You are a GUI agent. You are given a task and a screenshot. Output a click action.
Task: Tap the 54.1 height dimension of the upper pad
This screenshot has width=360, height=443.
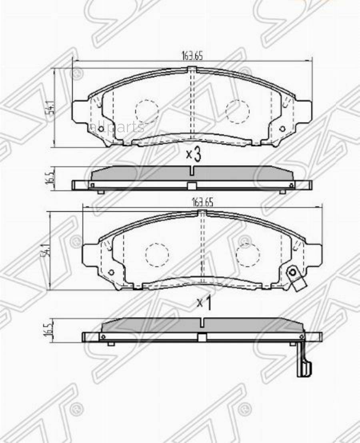pos(51,108)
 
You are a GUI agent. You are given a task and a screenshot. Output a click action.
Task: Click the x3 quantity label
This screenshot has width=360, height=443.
pos(193,154)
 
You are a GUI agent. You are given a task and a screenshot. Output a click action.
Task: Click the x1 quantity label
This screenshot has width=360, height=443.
pos(204,303)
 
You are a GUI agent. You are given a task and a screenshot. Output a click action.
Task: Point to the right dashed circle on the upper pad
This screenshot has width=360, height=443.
pos(238,111)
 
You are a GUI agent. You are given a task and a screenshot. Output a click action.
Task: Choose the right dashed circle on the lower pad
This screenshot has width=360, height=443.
pos(248,255)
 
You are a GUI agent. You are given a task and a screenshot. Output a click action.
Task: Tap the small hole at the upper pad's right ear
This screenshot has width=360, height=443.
pos(282,128)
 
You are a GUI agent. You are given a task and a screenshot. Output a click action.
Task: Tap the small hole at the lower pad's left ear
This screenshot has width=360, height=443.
pos(111,272)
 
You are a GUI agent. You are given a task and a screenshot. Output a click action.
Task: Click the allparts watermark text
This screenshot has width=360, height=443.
pos(117,127)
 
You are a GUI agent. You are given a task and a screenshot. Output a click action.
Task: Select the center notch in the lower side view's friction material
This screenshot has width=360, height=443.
pos(202,322)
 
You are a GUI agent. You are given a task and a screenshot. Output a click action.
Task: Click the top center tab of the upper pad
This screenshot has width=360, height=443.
pos(192,69)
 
